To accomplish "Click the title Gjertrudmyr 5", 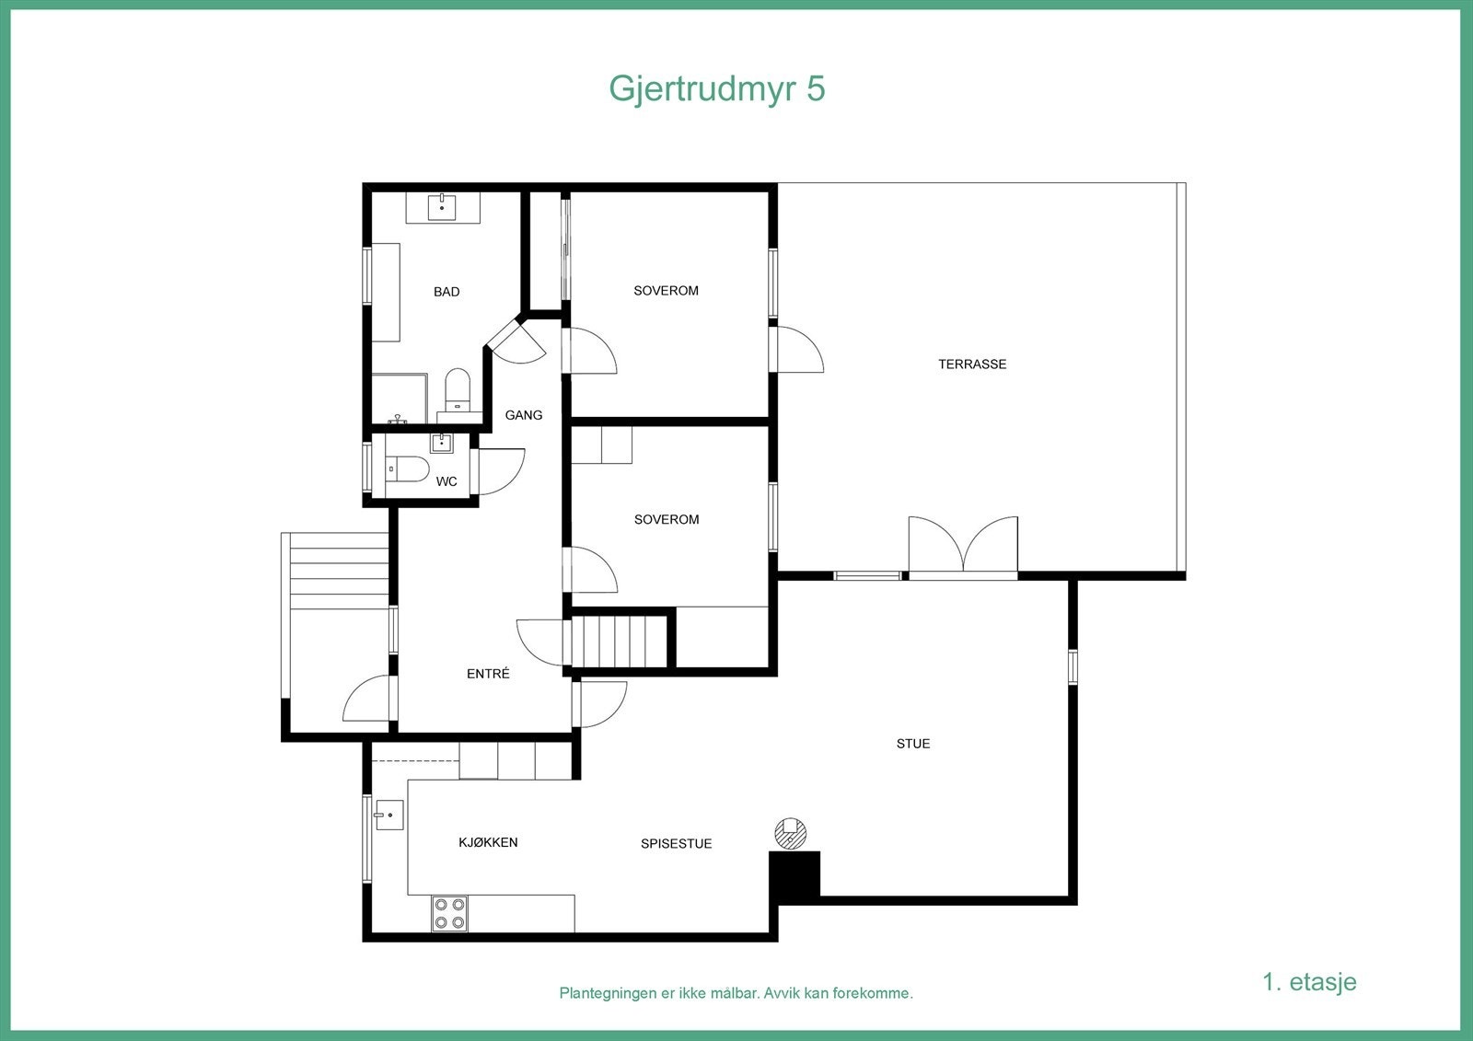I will [716, 89].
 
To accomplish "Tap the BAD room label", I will [447, 292].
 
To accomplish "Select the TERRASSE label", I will [972, 364].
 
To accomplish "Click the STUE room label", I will [913, 744].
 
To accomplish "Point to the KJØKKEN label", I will [488, 842].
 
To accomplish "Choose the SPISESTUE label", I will [677, 844].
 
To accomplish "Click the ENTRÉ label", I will [488, 674].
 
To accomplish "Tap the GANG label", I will [524, 415].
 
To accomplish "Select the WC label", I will [447, 481].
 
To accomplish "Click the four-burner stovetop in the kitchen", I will [449, 913].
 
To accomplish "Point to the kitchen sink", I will [389, 815].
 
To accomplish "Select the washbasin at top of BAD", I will [443, 208].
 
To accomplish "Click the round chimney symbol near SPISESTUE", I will [789, 834].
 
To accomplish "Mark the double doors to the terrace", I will [963, 548].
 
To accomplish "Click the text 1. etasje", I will [1309, 982].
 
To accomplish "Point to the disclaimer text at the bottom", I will [736, 994].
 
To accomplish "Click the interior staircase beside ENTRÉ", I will [620, 642].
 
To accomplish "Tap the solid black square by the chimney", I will [794, 874].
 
